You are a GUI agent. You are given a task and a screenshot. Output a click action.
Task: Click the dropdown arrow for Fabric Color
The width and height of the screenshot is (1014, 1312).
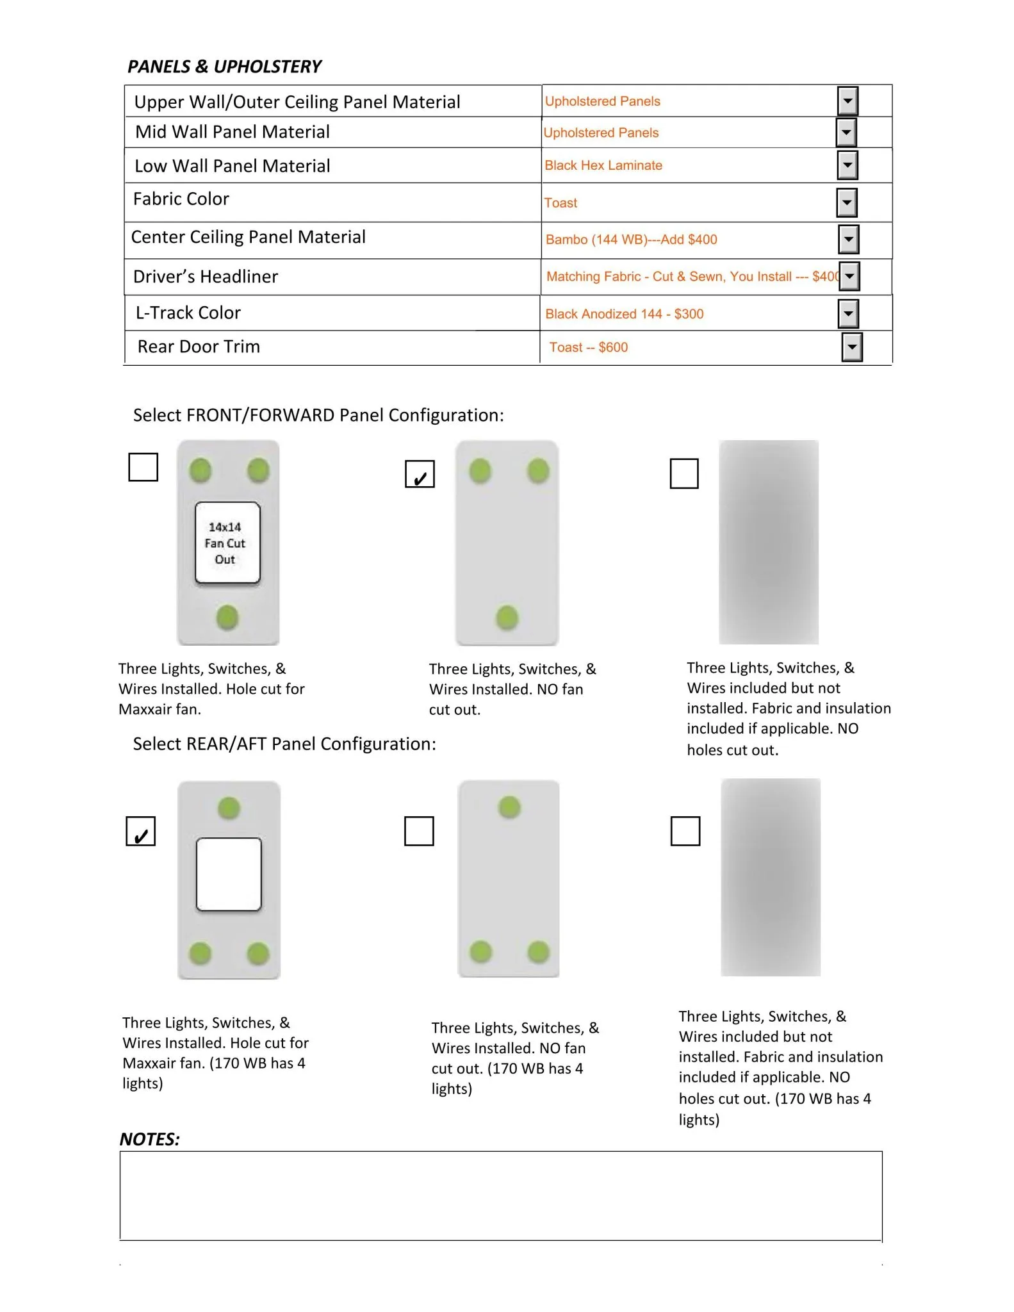tap(847, 203)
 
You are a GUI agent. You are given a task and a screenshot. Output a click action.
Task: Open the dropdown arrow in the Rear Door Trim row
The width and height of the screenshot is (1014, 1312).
tap(852, 347)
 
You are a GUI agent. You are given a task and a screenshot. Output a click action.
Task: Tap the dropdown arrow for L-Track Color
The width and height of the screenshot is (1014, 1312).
tap(848, 314)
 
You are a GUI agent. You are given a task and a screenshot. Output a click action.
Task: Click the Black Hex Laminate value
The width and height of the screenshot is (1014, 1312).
tap(603, 165)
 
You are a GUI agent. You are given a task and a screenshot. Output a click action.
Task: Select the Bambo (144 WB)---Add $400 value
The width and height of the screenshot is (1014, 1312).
tap(631, 240)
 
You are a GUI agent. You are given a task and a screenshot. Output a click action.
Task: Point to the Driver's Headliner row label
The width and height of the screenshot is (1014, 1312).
tap(206, 277)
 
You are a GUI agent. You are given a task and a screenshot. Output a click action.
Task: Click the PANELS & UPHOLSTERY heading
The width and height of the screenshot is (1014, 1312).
tap(224, 67)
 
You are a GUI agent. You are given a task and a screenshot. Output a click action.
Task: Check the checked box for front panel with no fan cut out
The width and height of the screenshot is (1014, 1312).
tap(420, 474)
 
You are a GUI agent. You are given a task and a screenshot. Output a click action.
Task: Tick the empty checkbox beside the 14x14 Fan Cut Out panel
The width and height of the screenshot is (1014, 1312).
tap(143, 467)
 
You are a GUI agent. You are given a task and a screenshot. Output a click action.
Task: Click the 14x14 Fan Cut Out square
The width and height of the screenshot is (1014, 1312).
tap(227, 543)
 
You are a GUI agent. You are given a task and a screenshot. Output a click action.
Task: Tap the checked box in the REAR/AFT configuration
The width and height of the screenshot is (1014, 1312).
tap(141, 831)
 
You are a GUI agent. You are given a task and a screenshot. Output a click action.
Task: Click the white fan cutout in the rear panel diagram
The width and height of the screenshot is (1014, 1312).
tap(229, 874)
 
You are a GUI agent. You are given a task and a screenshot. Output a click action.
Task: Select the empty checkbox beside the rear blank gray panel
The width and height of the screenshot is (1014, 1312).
tap(685, 831)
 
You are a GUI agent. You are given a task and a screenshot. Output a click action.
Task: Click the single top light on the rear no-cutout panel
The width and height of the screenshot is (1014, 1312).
tap(509, 807)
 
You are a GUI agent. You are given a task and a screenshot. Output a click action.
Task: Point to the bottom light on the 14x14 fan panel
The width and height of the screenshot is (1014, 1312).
tap(227, 618)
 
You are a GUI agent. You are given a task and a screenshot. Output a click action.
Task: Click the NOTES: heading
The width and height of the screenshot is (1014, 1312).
tap(150, 1139)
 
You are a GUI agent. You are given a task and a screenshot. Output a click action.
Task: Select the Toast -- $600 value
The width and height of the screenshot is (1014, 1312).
tap(589, 347)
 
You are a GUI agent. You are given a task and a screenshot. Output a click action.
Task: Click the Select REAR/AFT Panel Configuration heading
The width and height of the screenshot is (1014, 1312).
tap(284, 744)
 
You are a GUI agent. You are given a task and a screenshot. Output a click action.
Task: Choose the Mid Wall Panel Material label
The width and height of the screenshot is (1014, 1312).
tap(233, 132)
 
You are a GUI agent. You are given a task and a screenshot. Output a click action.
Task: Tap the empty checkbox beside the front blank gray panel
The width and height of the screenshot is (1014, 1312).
tap(684, 473)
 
